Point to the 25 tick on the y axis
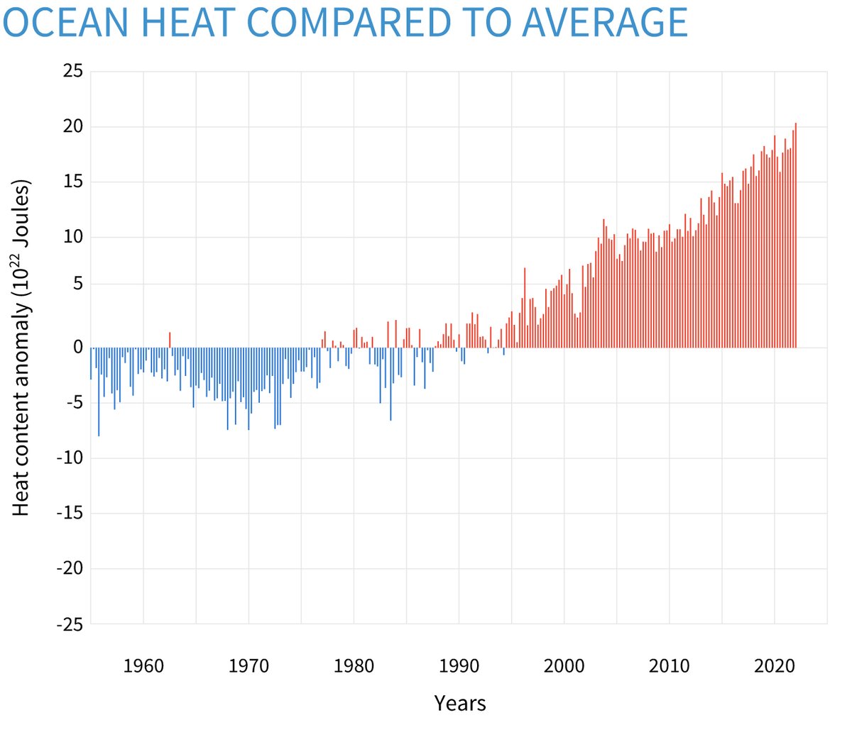coord(72,71)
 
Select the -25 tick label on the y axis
coord(69,624)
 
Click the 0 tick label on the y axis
coord(77,348)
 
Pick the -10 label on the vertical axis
coord(69,458)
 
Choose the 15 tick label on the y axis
coord(72,182)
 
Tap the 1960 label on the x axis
coord(143,666)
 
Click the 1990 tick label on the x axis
coord(459,666)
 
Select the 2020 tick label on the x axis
coord(775,666)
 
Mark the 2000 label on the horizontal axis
coord(564,666)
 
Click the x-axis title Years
coord(460,703)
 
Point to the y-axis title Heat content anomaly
coord(23,348)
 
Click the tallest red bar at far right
coord(796,234)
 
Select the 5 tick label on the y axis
coord(77,284)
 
